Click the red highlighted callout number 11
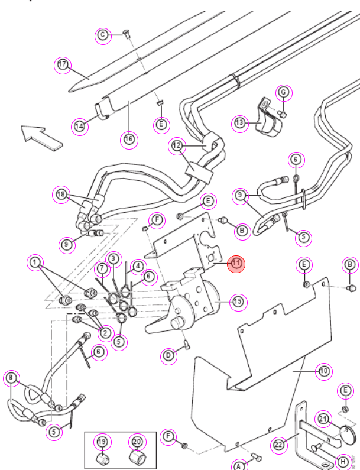point(236,264)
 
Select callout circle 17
point(62,65)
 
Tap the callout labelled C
point(103,35)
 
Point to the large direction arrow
point(41,137)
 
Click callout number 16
point(129,140)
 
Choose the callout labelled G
point(283,92)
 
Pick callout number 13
point(240,123)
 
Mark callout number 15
point(238,302)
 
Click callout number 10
point(324,371)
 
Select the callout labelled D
point(168,356)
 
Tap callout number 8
point(11,378)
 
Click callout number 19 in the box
point(102,442)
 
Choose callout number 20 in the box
point(137,442)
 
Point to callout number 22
point(279,445)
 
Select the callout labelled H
point(343,462)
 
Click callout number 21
point(323,419)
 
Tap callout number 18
point(61,195)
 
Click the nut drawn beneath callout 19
point(102,459)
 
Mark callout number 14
point(79,126)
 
